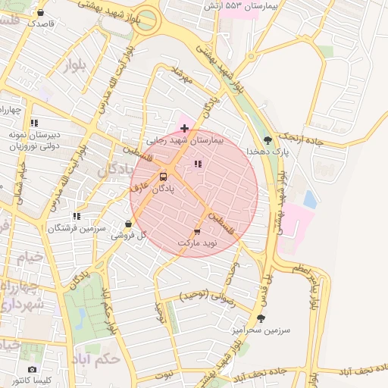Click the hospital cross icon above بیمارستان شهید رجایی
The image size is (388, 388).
pyautogui.click(x=184, y=128)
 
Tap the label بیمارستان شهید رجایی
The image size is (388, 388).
pyautogui.click(x=185, y=140)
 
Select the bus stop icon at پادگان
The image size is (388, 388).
pyautogui.click(x=163, y=177)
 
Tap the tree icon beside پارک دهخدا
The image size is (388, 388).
pyautogui.click(x=268, y=140)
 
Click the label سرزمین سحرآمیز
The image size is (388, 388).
pyautogui.click(x=261, y=331)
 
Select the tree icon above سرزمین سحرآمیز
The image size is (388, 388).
pyautogui.click(x=261, y=319)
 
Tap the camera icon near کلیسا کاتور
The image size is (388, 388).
pyautogui.click(x=32, y=369)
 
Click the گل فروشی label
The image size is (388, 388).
pyautogui.click(x=127, y=236)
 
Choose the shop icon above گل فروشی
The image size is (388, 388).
pyautogui.click(x=128, y=224)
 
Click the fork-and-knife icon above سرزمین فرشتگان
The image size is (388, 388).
pyautogui.click(x=76, y=216)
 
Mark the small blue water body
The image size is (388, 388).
pyautogui.click(x=309, y=199)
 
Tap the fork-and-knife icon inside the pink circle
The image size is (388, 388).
pyautogui.click(x=198, y=164)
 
